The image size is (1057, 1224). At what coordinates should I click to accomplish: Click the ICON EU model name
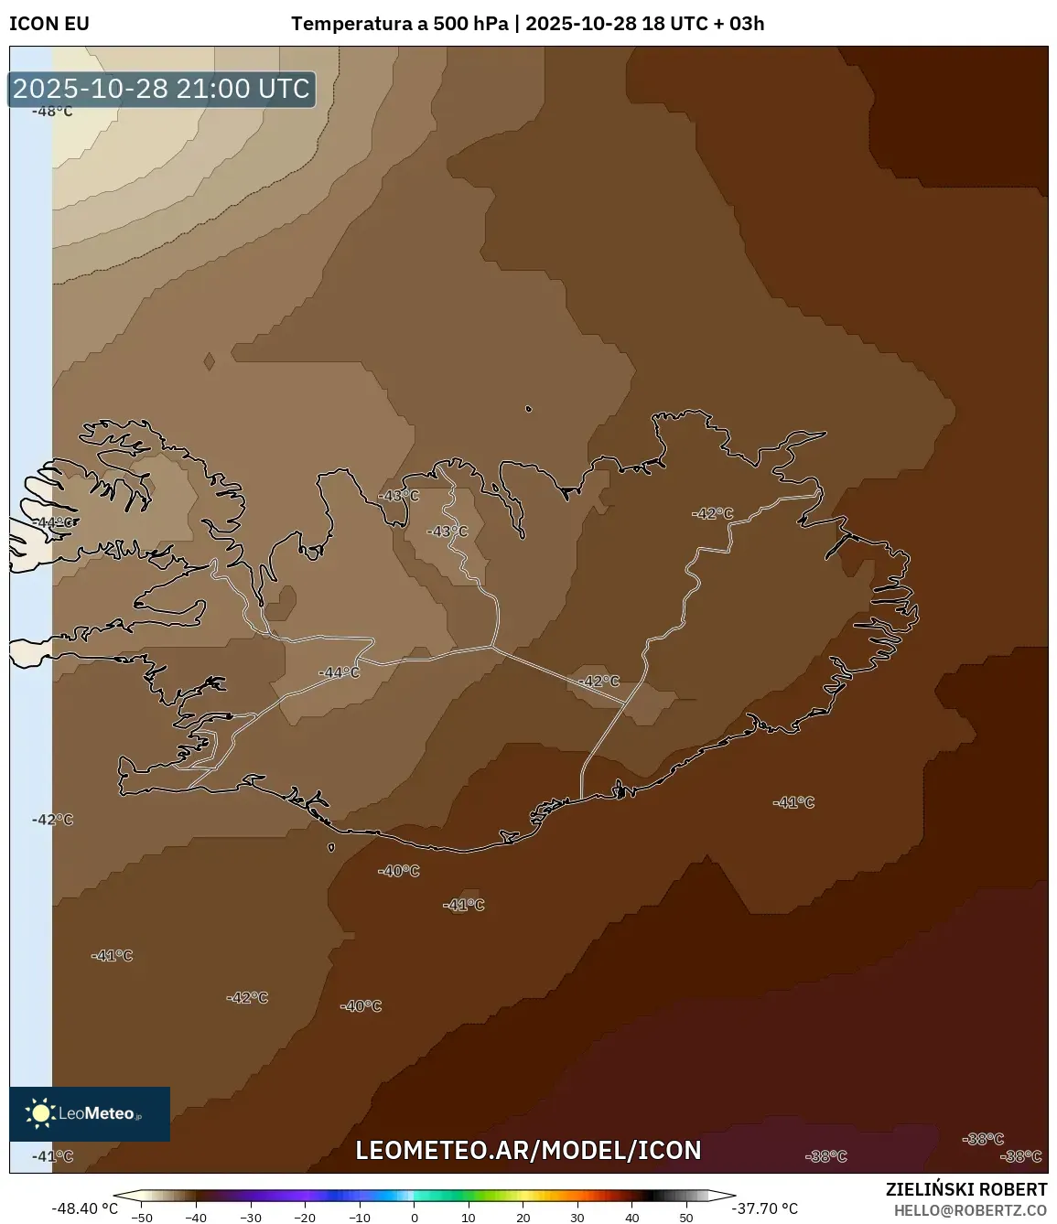(49, 24)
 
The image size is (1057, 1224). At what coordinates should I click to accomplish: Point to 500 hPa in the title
(470, 24)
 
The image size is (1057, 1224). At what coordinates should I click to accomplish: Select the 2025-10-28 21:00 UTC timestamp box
(161, 89)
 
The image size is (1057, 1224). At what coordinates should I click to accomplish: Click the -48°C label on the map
(52, 112)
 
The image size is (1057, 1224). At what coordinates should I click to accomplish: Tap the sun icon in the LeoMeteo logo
(40, 1112)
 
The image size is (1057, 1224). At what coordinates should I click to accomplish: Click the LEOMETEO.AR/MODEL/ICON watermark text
(528, 1150)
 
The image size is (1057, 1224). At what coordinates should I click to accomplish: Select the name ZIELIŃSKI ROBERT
(965, 1189)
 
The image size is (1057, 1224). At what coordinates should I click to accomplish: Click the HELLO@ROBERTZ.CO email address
(970, 1210)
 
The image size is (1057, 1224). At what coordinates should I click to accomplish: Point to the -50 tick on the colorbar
(142, 1218)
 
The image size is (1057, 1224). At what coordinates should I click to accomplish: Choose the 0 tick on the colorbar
(415, 1218)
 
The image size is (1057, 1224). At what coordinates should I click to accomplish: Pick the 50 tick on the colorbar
(686, 1218)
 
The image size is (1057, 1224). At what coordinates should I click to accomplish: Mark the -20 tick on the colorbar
(305, 1218)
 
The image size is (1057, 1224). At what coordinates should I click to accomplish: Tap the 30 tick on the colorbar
(577, 1218)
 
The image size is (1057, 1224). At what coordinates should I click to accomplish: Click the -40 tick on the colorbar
(196, 1218)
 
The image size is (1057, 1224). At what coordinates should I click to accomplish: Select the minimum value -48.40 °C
(85, 1208)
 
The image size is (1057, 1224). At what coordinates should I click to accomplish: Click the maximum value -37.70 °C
(765, 1208)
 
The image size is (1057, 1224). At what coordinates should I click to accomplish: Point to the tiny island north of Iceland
(529, 409)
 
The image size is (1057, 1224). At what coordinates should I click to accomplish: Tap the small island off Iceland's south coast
(331, 847)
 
